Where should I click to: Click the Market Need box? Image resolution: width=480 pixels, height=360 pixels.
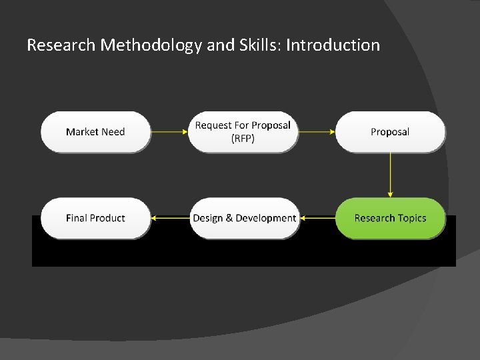[x=95, y=132]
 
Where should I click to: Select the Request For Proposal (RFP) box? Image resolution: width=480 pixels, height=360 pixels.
[x=243, y=132]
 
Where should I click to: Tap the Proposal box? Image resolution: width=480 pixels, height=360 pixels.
[x=390, y=132]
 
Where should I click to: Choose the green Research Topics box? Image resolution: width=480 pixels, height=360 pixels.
[x=390, y=218]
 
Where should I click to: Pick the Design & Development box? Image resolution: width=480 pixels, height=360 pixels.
[x=244, y=218]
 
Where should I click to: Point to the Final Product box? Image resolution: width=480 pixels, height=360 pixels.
[x=95, y=218]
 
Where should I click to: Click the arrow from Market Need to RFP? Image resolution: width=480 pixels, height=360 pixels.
[x=169, y=132]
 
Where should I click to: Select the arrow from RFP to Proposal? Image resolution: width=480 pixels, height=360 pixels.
[x=317, y=132]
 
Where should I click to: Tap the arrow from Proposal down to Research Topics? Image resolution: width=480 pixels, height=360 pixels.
[x=390, y=175]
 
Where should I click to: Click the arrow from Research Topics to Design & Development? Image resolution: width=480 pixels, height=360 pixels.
[x=317, y=218]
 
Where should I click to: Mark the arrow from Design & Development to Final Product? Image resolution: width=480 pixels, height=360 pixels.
[x=170, y=218]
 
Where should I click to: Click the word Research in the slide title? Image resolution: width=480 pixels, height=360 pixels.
[x=61, y=45]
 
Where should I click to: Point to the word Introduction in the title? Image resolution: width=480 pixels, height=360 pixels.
[x=333, y=45]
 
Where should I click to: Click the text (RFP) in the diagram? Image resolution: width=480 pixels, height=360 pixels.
[x=243, y=139]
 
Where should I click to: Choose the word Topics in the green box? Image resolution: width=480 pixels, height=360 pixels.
[x=411, y=218]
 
